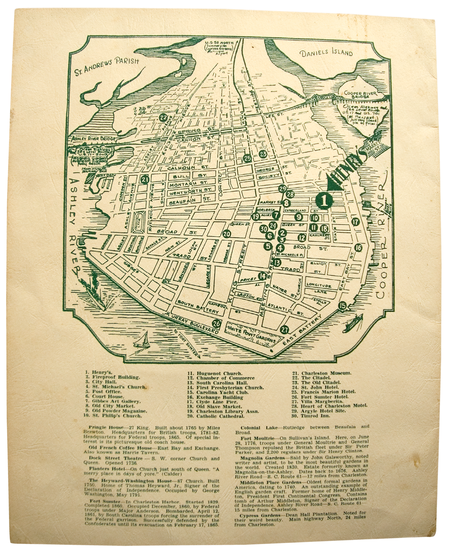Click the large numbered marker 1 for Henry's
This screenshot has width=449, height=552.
tap(324, 201)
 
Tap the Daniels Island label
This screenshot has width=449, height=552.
tap(326, 53)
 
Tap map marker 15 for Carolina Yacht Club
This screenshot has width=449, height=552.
tap(343, 305)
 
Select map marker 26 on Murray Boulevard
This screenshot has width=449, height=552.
tap(216, 323)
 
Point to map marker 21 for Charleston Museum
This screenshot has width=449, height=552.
tap(145, 180)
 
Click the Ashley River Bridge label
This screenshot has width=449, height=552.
tap(94, 139)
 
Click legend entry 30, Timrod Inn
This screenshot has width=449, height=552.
tap(315, 416)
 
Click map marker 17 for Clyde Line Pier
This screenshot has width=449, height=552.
tap(356, 222)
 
